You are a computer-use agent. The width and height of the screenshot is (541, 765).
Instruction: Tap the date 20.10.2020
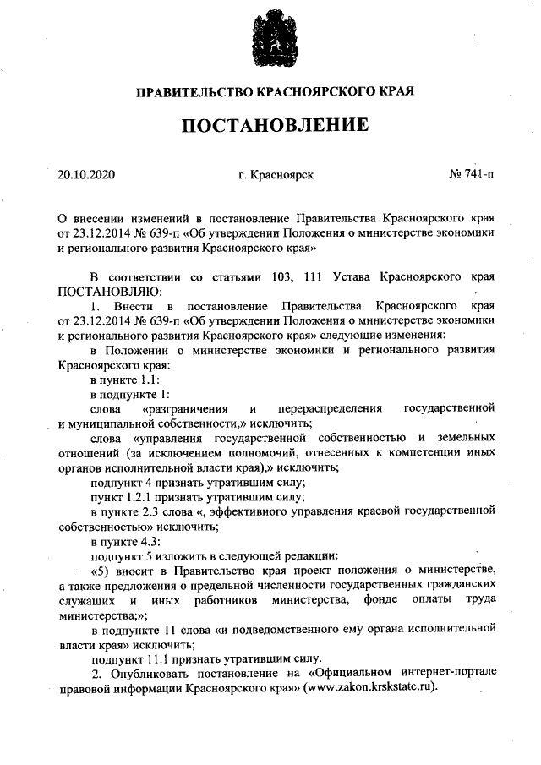tap(85, 176)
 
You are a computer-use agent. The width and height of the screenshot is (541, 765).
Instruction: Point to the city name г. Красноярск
tap(276, 176)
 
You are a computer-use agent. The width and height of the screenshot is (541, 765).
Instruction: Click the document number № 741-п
tap(472, 176)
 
